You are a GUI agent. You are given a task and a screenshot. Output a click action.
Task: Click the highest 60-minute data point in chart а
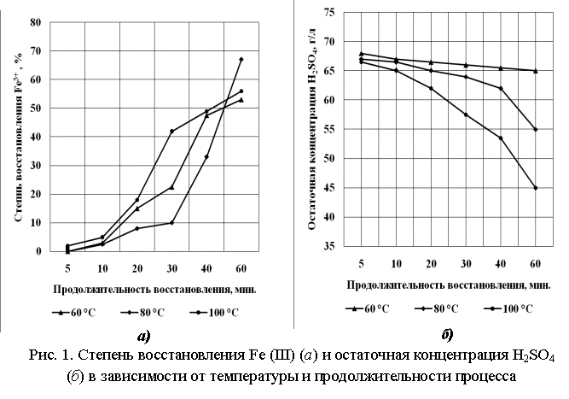[241, 59]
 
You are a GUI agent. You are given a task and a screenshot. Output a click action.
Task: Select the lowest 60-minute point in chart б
[535, 188]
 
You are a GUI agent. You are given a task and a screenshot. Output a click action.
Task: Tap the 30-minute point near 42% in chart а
[171, 131]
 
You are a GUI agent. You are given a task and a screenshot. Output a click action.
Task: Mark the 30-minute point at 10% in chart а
[171, 223]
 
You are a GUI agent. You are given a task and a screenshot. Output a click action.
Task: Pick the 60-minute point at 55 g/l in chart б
[535, 129]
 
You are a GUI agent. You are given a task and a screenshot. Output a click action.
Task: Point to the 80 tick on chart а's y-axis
[37, 22]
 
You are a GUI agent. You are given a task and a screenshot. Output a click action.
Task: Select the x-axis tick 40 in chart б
[500, 261]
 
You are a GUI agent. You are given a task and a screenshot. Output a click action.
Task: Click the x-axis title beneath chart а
[148, 289]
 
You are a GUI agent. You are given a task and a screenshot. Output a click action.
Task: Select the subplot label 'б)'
[447, 333]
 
